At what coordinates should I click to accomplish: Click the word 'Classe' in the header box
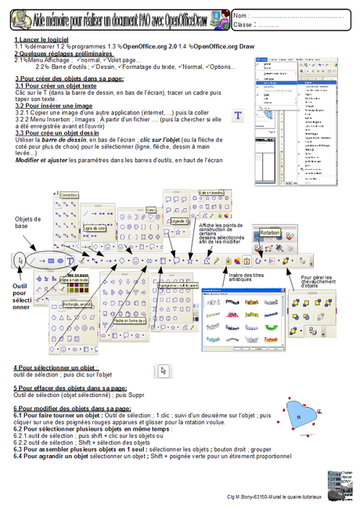244,24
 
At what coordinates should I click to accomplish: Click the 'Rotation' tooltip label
270,232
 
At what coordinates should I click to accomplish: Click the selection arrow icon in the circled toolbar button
20,259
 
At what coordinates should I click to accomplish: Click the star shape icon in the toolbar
189,259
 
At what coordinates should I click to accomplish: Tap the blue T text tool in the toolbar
71,259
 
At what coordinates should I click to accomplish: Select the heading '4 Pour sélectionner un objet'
56,367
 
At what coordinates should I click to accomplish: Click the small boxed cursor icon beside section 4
163,371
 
